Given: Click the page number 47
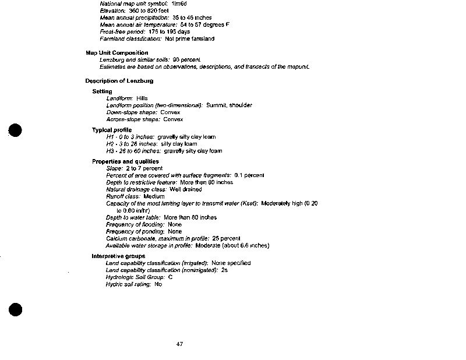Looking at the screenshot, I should (x=179, y=344).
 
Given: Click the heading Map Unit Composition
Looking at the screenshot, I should (x=116, y=53).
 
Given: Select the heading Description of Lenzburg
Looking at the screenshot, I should (x=119, y=81).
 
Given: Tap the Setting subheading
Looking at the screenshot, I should (x=102, y=91).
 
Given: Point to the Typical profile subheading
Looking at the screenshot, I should (x=112, y=129).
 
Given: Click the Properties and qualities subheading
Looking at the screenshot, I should (x=125, y=161).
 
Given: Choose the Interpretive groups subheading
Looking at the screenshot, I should (x=118, y=256).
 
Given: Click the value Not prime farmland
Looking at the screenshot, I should (x=189, y=39).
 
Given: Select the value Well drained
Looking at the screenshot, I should (x=186, y=189).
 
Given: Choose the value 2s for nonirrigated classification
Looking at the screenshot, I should (x=224, y=270).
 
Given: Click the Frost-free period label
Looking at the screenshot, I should (x=121, y=32).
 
